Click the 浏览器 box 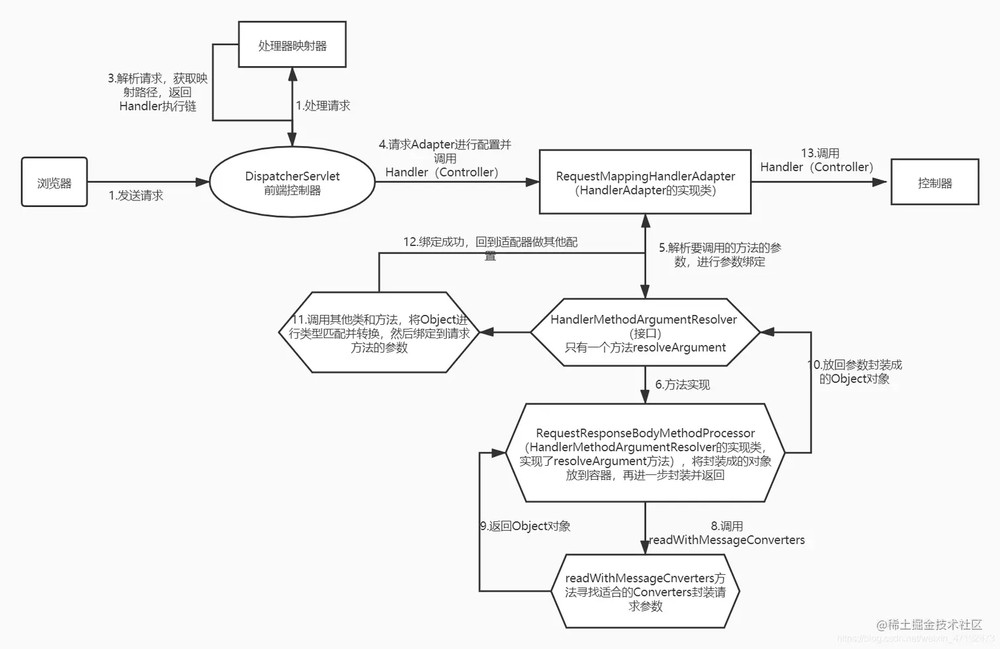[x=54, y=182]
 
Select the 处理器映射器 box [x=292, y=45]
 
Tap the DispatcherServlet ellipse [x=292, y=183]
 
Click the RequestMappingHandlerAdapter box [x=645, y=183]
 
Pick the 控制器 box [x=935, y=182]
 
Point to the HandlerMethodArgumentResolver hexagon [x=645, y=333]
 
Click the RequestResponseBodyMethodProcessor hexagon [x=645, y=453]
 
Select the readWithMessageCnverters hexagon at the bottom [x=645, y=591]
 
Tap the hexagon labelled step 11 [x=379, y=333]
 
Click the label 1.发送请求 [x=136, y=195]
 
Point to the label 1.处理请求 [x=323, y=105]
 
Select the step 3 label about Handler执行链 [x=157, y=92]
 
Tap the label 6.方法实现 [x=682, y=384]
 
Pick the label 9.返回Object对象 [x=525, y=526]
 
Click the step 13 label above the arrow [x=817, y=160]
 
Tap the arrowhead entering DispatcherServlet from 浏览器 [x=202, y=182]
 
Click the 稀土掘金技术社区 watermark [x=929, y=625]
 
